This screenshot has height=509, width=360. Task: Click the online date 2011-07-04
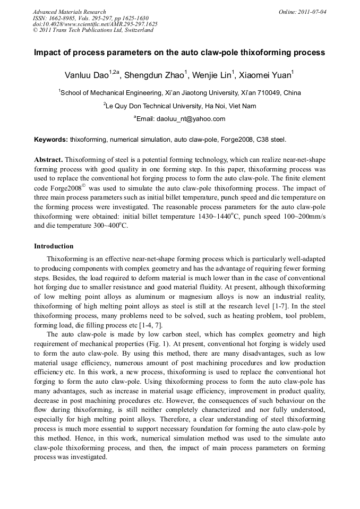[x=313, y=12]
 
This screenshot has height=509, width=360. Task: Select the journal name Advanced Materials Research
[x=69, y=12]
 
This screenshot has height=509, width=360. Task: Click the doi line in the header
[x=95, y=24]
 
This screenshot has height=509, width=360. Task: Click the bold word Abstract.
[x=48, y=160]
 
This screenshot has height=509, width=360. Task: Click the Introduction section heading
[x=54, y=246]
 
